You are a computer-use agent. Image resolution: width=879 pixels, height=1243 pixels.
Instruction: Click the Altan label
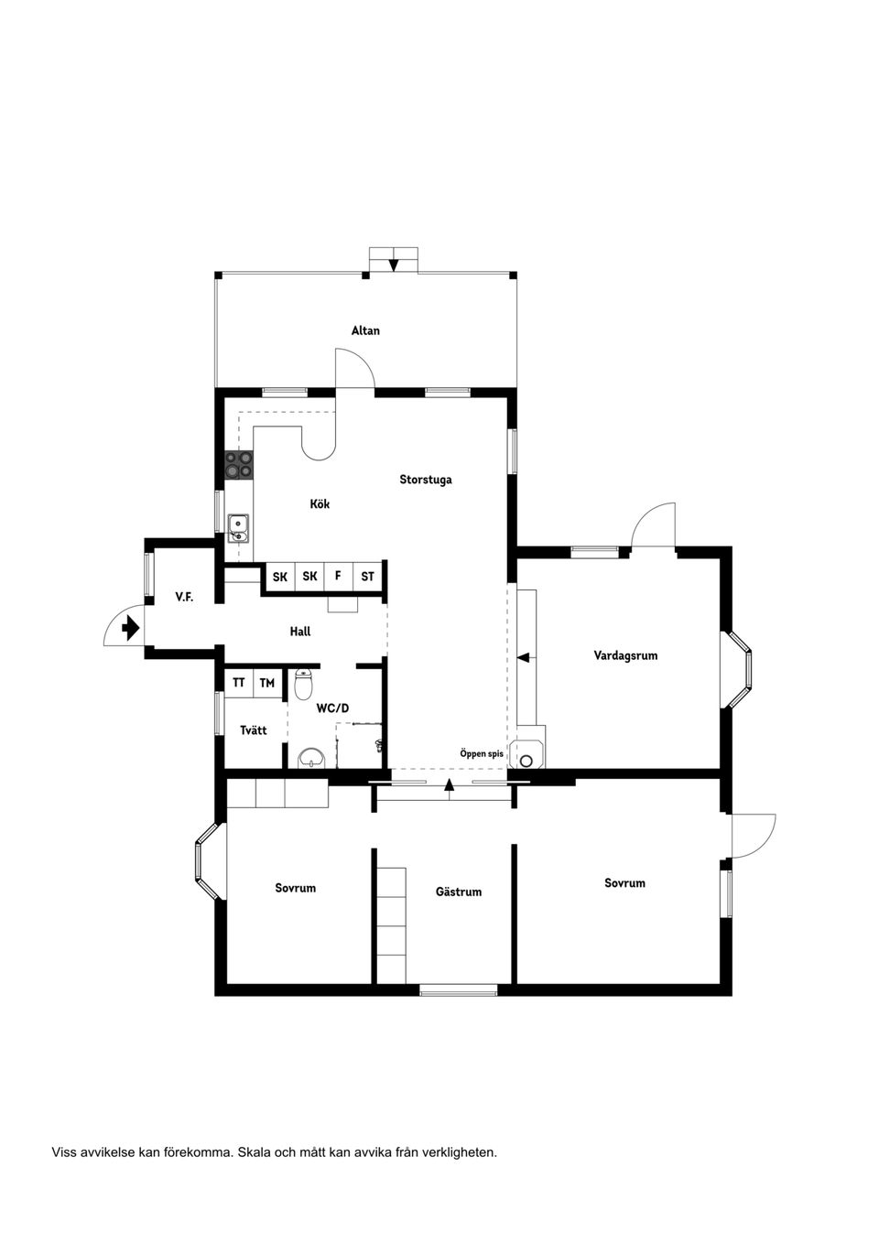[x=365, y=330]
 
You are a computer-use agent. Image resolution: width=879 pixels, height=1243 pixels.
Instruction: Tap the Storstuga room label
[x=425, y=480]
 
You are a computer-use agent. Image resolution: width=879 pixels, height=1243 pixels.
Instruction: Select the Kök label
[x=320, y=504]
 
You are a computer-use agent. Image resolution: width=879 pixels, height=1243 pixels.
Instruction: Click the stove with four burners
[x=240, y=465]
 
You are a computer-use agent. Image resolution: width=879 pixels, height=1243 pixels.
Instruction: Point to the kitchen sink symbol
[x=238, y=528]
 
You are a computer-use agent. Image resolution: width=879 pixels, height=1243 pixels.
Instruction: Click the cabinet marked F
[x=338, y=576]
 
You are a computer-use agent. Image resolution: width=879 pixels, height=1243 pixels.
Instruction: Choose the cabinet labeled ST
[x=367, y=577]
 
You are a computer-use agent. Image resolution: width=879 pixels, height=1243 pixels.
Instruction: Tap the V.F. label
[x=184, y=597]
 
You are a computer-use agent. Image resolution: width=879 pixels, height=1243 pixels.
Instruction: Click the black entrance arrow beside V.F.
[x=130, y=628]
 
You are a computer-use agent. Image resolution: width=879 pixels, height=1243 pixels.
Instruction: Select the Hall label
[x=300, y=632]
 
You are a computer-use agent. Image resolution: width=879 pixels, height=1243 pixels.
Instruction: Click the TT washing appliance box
[x=238, y=683]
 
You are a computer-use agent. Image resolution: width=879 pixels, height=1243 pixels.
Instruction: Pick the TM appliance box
[x=266, y=683]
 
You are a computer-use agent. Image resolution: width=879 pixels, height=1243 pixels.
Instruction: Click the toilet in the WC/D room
[x=304, y=684]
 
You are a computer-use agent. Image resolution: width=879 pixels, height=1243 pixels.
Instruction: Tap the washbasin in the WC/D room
[x=311, y=757]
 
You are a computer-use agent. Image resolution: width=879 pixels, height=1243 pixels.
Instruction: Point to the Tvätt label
[x=254, y=730]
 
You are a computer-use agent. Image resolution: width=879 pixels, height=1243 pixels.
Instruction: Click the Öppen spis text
[x=482, y=753]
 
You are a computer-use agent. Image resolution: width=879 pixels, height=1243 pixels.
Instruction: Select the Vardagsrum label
[x=625, y=655]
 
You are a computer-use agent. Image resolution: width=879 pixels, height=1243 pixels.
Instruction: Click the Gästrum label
[x=458, y=892]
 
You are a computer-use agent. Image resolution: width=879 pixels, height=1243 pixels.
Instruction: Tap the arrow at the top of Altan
[x=394, y=265]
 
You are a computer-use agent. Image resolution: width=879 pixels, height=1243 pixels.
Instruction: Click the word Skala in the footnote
[x=253, y=1152]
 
